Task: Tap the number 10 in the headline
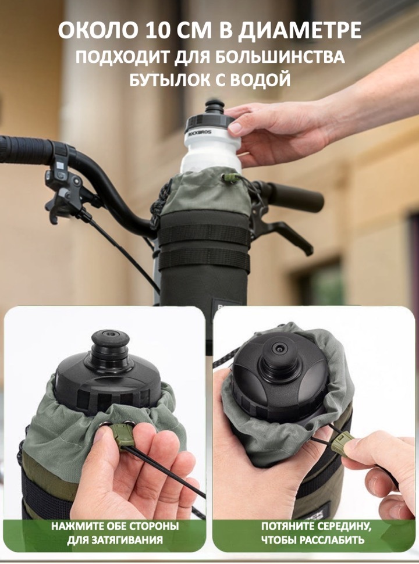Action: (159, 30)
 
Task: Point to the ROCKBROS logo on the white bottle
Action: (198, 133)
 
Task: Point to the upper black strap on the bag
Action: (204, 234)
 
